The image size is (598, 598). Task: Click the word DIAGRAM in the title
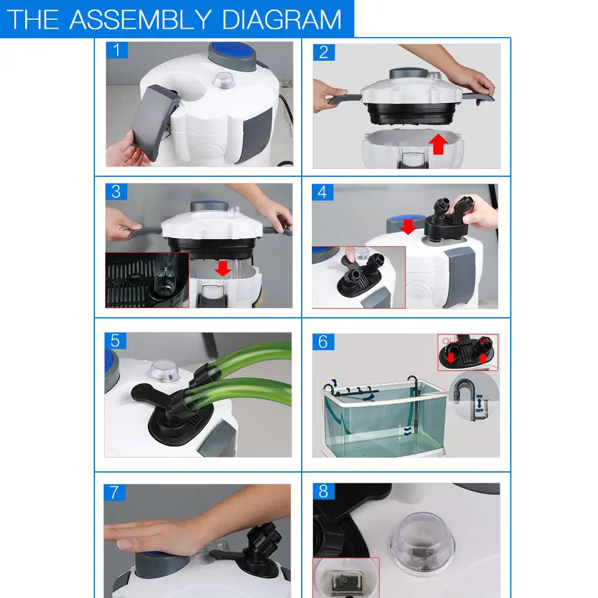click(x=282, y=19)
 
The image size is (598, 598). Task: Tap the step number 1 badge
click(x=116, y=50)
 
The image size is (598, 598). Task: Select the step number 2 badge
click(x=323, y=52)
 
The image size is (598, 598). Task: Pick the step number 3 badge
click(x=116, y=192)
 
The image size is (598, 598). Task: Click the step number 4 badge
click(x=323, y=192)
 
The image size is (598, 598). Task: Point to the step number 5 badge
click(x=115, y=341)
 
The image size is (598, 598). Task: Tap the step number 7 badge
click(x=115, y=492)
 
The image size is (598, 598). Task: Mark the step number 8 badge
click(x=323, y=491)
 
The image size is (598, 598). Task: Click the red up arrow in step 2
click(x=438, y=143)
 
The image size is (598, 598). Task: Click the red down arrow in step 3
click(x=223, y=268)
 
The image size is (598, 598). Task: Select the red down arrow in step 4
click(x=407, y=226)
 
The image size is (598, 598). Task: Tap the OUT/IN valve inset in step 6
click(x=467, y=352)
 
